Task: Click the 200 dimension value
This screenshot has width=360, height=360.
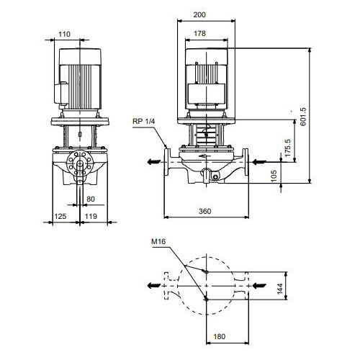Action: click(x=199, y=15)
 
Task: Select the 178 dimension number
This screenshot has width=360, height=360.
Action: click(x=199, y=34)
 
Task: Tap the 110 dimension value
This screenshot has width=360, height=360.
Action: click(x=64, y=35)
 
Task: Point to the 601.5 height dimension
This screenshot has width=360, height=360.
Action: click(x=303, y=117)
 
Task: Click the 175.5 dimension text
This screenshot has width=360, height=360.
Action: click(x=287, y=148)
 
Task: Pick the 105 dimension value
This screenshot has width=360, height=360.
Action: click(x=274, y=176)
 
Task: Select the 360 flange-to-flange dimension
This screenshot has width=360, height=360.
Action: click(x=205, y=212)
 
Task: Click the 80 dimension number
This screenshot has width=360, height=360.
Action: click(x=91, y=199)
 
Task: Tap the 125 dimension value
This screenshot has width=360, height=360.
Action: click(x=60, y=217)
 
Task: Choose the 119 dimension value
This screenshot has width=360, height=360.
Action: click(x=91, y=217)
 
